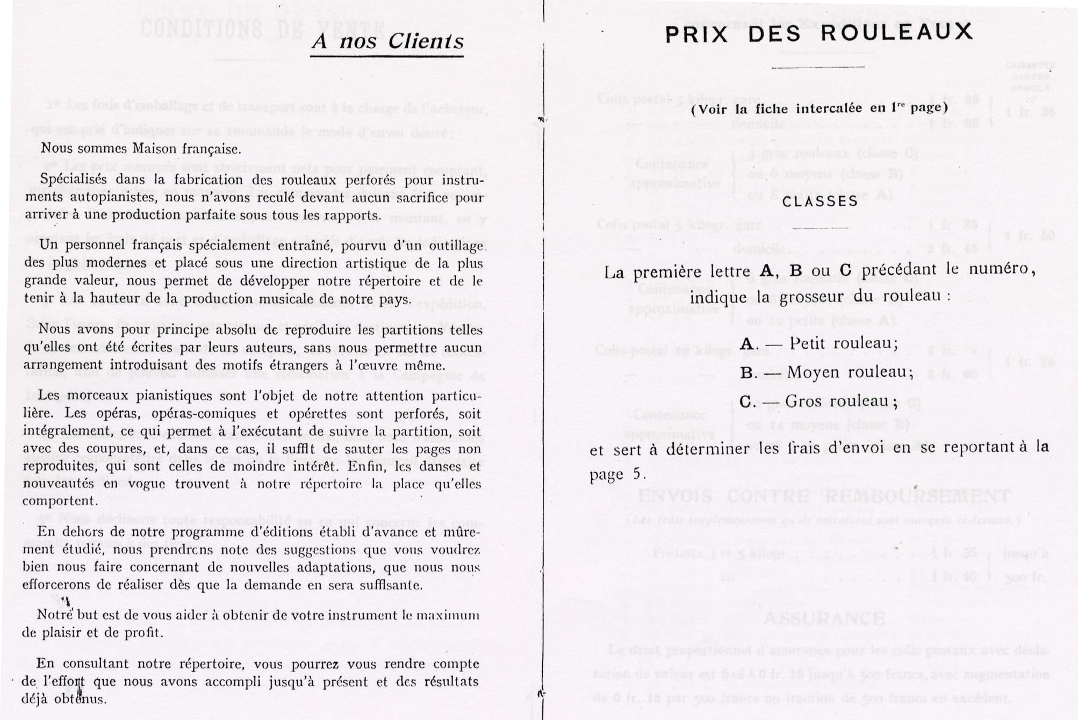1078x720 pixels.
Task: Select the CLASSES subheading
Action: pos(820,201)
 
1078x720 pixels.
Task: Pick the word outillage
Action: pos(458,246)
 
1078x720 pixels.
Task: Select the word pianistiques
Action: pos(186,396)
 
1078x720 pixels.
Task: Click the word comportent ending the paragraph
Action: pos(60,501)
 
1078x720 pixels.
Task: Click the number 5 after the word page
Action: pos(637,474)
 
